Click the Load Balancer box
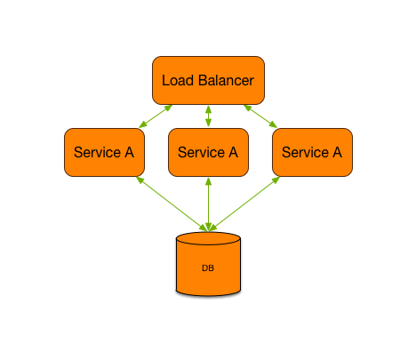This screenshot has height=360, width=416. [208, 80]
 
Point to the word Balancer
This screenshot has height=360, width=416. [225, 81]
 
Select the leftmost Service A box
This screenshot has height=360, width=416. [104, 152]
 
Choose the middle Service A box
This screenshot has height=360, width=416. [208, 152]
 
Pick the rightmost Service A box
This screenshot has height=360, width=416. [312, 152]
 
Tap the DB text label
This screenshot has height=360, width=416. [208, 268]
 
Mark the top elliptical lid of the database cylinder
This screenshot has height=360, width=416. [208, 239]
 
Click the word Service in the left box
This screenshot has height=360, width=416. [96, 152]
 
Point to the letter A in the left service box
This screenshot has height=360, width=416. [128, 152]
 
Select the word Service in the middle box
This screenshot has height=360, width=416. [200, 152]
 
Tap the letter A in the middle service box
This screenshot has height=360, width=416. [232, 152]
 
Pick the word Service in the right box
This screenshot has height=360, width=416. [304, 152]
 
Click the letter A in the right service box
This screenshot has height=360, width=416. [336, 152]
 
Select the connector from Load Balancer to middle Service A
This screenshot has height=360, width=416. [208, 116]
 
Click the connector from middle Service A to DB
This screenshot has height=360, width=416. [208, 204]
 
